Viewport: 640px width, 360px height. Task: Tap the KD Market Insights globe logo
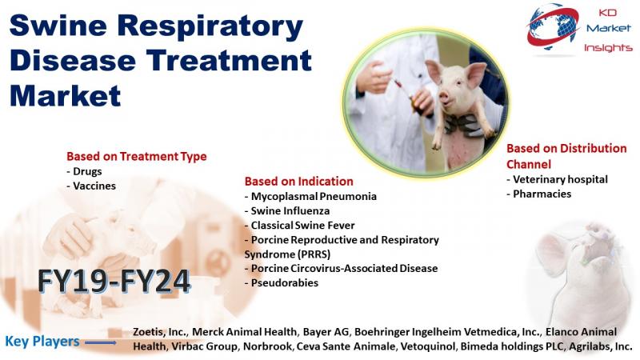(x=553, y=27)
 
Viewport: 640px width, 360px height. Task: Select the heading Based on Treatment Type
(x=136, y=156)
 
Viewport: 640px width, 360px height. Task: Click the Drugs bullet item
(x=84, y=171)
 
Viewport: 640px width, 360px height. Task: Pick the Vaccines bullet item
(x=91, y=186)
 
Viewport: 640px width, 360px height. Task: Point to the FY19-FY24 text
(x=114, y=281)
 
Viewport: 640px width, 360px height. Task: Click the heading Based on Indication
(x=298, y=182)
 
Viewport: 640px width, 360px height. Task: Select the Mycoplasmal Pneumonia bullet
(x=310, y=196)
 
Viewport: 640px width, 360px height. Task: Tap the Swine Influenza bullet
(x=287, y=210)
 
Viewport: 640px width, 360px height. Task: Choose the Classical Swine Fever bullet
(x=299, y=226)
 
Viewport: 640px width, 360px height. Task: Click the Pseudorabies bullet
(x=282, y=283)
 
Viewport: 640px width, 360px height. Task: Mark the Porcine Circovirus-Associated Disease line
(x=342, y=268)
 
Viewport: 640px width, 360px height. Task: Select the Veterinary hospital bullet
(x=557, y=179)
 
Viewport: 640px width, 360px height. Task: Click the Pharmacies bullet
(x=538, y=194)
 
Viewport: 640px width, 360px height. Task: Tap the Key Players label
(x=42, y=342)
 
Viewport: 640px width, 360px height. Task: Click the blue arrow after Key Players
(x=101, y=342)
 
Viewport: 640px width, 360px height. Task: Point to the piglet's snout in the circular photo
(x=444, y=98)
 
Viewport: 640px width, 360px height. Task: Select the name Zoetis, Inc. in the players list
(x=161, y=332)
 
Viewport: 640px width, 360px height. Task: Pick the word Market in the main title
(x=65, y=96)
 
